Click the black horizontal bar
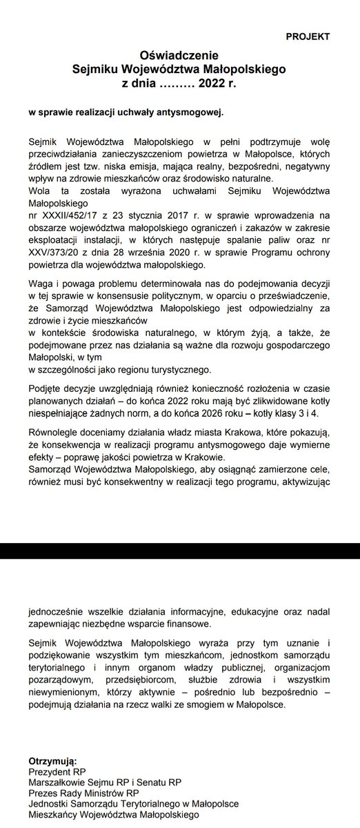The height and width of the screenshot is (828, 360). (x=180, y=551)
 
